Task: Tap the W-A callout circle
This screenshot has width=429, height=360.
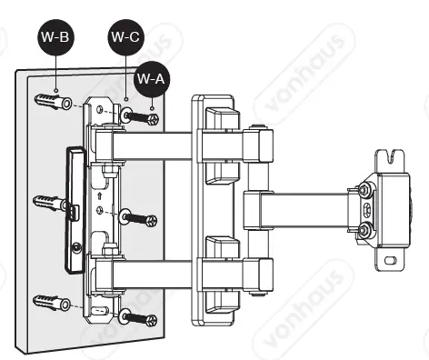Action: pyautogui.click(x=151, y=79)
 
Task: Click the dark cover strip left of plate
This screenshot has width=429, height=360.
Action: pyautogui.click(x=73, y=210)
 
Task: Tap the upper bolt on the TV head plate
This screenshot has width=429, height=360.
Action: pyautogui.click(x=364, y=190)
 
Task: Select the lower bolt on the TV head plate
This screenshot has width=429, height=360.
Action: pyautogui.click(x=364, y=232)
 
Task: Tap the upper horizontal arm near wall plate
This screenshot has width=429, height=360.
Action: pyautogui.click(x=155, y=143)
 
